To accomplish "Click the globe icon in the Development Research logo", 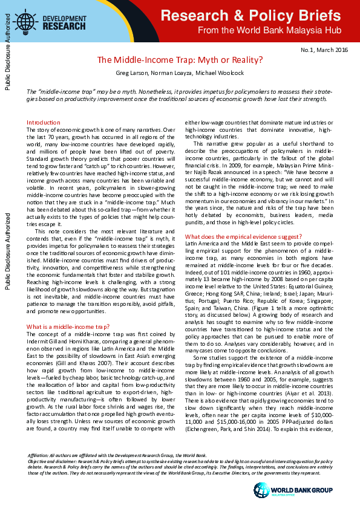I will pyautogui.click(x=25, y=22).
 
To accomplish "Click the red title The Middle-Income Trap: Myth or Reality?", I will pyautogui.click(x=180, y=60).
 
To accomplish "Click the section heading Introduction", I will pyautogui.click(x=43, y=122).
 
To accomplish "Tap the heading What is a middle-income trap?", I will pyautogui.click(x=67, y=326).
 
